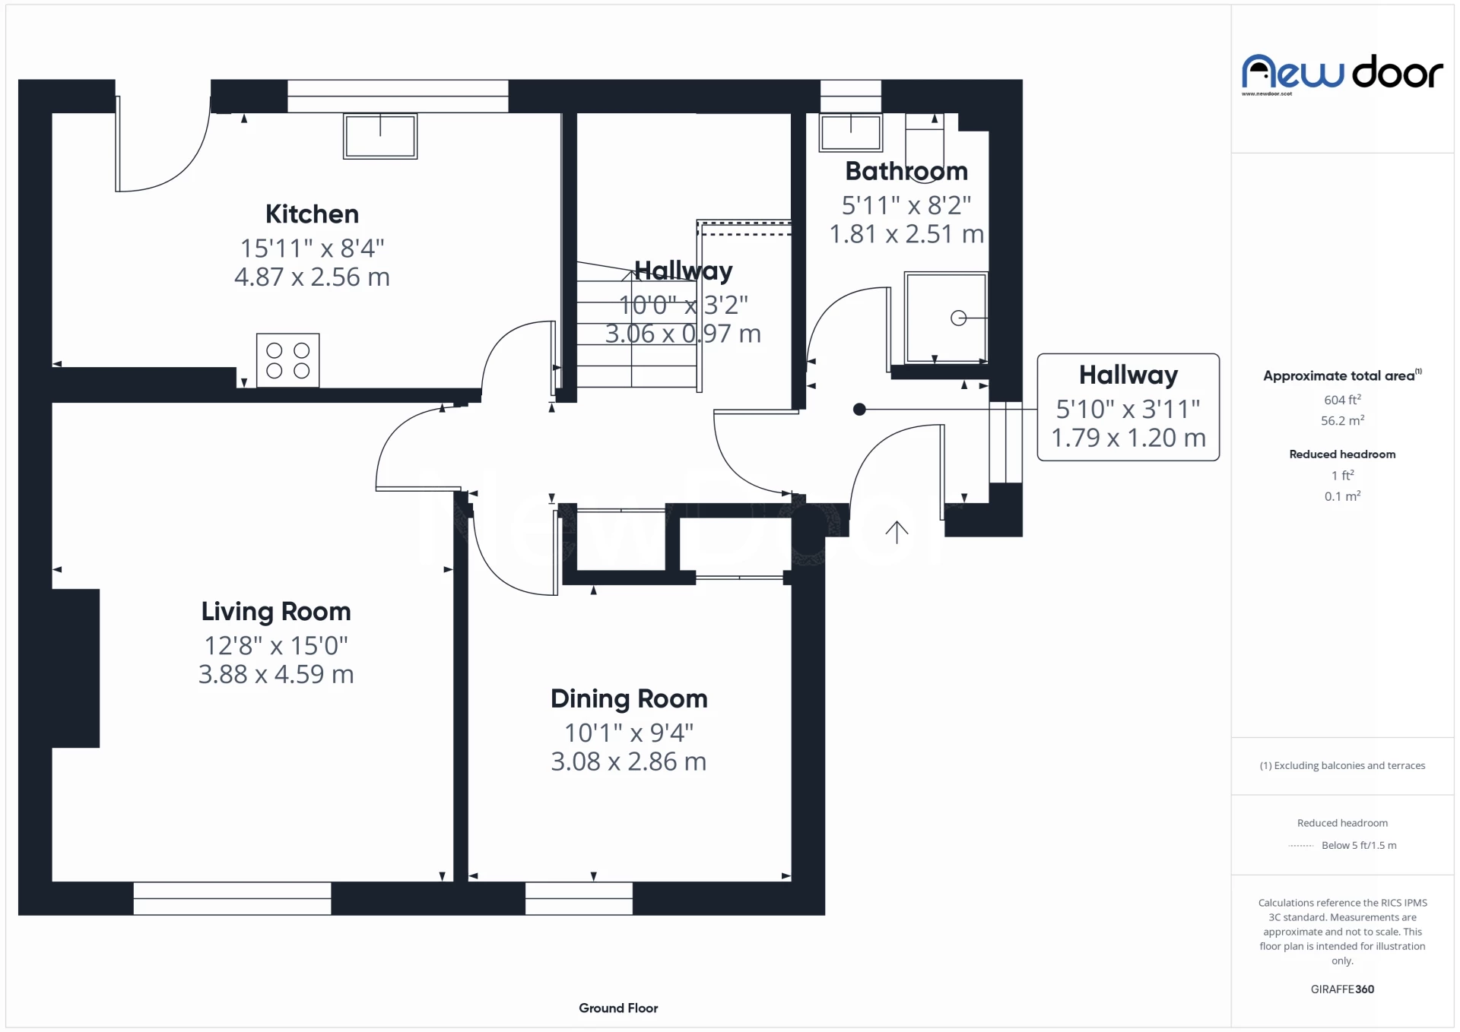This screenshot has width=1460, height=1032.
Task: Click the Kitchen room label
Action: pos(312,214)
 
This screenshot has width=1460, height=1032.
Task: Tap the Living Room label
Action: pos(276,612)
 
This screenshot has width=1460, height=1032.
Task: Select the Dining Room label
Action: pos(629,699)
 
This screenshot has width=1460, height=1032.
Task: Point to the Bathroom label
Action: pos(906,172)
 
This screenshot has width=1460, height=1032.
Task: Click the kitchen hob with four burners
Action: pos(288,360)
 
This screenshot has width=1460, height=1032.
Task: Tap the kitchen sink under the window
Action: pos(380,136)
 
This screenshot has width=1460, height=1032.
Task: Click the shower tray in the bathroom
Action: pos(946,318)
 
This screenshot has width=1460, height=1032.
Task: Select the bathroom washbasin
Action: pos(850,133)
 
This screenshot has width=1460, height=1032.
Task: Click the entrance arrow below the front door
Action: pos(897,532)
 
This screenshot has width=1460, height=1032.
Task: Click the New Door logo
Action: pos(1342,74)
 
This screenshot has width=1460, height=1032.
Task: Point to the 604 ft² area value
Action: pos(1342,400)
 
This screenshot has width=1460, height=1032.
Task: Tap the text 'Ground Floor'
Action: pos(618,1008)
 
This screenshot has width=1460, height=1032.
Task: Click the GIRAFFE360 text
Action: pos(1342,989)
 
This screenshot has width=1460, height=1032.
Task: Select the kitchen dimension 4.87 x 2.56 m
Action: pos(312,277)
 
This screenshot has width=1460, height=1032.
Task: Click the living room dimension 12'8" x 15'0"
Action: pos(276,646)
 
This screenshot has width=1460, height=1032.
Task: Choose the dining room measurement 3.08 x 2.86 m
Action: pos(629,761)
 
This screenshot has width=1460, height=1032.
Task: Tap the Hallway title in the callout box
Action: pos(1128,375)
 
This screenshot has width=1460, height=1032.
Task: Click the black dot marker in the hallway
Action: pos(859,410)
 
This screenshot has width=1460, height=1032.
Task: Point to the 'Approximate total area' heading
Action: pos(1342,375)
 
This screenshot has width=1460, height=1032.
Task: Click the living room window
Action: pos(232,898)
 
